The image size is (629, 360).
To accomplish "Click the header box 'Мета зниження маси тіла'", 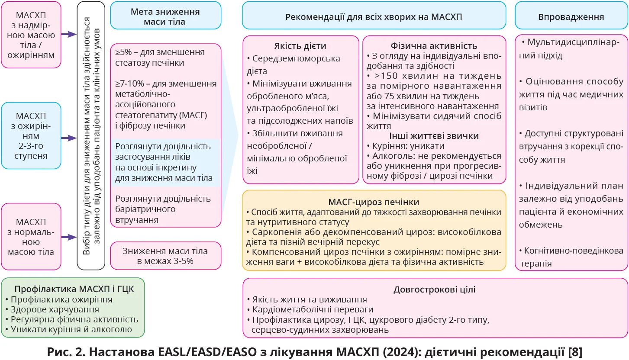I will coord(165,16).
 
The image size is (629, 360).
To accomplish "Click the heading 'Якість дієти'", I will coord(300,46).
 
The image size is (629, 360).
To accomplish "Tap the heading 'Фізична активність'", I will coord(434,46).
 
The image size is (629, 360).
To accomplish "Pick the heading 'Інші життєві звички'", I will coord(434,136).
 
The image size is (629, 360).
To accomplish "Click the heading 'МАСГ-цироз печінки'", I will coord(374,202).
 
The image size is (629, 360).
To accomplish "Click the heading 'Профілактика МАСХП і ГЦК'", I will coord(72,289).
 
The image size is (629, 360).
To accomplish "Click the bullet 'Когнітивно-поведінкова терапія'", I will coord(571,257).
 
